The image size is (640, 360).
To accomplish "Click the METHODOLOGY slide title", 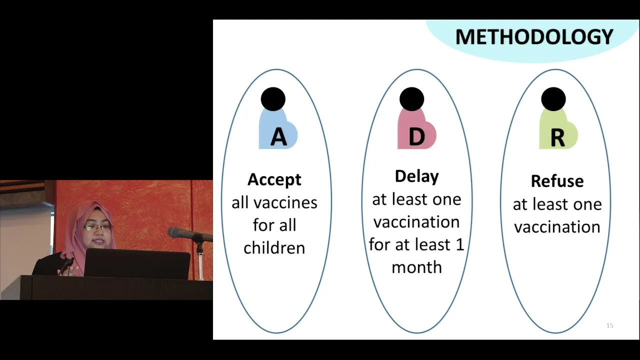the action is (x=534, y=37).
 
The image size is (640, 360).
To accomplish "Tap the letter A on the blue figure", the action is (x=278, y=137).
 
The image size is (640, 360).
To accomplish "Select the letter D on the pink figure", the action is (x=417, y=137).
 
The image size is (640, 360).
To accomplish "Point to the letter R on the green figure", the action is (x=557, y=138).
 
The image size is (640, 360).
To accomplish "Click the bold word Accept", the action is (x=274, y=179).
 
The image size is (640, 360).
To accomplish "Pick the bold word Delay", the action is (x=417, y=176).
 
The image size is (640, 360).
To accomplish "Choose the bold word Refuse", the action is (x=557, y=181).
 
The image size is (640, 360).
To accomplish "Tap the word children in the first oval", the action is (x=274, y=247).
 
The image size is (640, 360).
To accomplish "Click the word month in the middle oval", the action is (x=417, y=267).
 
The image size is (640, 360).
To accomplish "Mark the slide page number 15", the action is (x=609, y=325).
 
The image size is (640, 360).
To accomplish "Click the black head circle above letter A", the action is (x=273, y=99).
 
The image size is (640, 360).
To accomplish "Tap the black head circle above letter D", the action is (x=411, y=99).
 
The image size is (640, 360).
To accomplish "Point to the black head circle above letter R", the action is (x=553, y=99).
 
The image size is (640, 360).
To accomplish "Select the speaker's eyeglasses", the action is (x=98, y=227).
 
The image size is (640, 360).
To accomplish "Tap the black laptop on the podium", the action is (x=137, y=263).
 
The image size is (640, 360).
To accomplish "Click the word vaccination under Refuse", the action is (x=557, y=227).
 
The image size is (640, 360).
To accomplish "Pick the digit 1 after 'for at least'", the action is (x=460, y=244).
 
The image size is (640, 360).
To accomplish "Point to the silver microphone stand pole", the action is (x=200, y=261).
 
